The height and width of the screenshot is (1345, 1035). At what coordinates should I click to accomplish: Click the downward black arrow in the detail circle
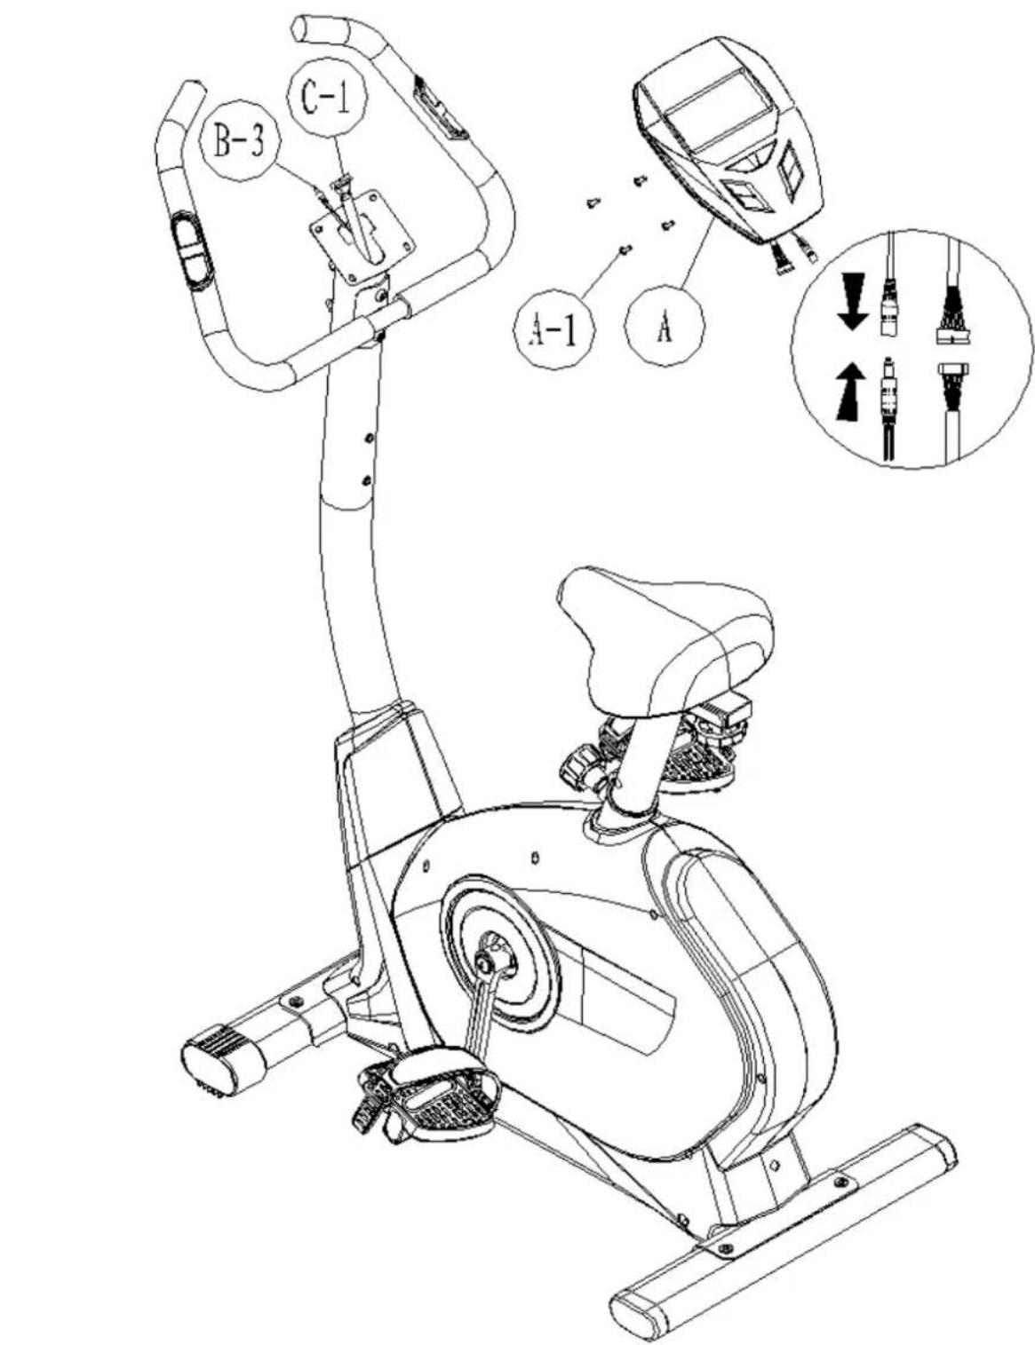point(852,302)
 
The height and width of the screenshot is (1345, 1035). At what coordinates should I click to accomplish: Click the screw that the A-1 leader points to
point(625,249)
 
